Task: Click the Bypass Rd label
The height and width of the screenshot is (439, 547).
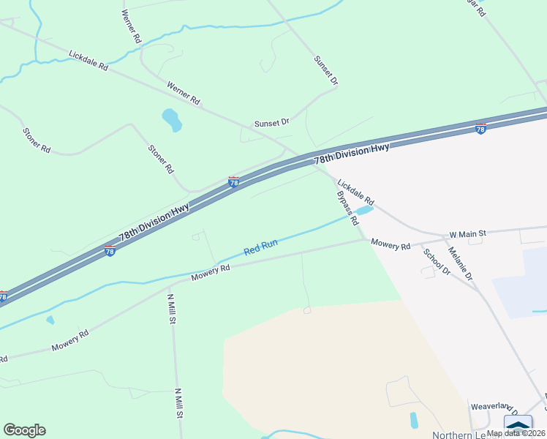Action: coord(348,208)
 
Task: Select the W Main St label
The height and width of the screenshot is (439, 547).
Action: coord(467,234)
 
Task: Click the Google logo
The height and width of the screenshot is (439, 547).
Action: coord(24,430)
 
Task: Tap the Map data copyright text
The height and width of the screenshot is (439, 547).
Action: coord(516,433)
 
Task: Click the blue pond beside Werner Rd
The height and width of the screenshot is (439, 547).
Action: coord(172,120)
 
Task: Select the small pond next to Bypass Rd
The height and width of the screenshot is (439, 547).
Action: coord(364,211)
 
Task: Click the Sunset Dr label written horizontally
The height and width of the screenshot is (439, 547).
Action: coord(272,123)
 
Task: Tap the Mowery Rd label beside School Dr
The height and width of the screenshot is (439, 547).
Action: coord(391,244)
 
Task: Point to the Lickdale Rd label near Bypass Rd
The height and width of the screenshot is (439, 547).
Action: coord(355,192)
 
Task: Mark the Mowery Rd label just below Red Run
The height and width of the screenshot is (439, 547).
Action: coord(211,272)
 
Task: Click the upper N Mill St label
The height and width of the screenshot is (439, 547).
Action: coord(171,308)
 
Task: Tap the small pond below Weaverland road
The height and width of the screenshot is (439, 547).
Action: coord(415,420)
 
